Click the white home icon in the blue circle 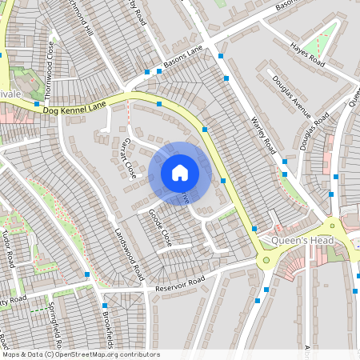coord(180,172)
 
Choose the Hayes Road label coord(308,54)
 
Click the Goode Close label coord(160,227)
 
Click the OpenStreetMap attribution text coord(80,354)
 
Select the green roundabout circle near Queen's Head coord(266,259)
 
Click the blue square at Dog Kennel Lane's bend coord(159,104)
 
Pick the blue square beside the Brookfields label coord(105,306)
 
